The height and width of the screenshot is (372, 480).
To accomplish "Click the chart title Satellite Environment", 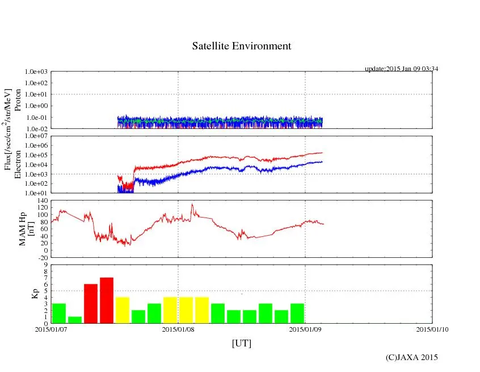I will (241, 46).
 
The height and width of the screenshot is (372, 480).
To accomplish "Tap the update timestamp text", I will (401, 69).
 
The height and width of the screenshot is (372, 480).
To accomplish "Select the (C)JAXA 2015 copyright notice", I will (412, 357).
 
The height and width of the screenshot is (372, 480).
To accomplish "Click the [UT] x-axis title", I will (241, 343).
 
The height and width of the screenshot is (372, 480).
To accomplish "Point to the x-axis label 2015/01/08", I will (178, 328).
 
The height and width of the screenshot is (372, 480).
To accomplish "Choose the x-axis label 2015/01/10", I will (432, 328).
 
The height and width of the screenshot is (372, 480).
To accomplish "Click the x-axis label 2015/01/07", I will (51, 328).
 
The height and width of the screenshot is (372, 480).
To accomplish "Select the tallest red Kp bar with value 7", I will (107, 300).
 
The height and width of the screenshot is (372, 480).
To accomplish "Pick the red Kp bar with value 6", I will (91, 303).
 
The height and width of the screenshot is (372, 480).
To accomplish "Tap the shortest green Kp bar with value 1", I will (75, 320).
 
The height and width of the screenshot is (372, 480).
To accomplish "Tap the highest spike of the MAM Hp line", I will (192, 204).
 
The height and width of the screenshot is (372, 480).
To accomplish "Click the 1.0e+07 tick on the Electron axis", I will (36, 137).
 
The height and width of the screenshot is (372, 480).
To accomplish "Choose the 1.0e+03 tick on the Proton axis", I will (36, 72).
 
